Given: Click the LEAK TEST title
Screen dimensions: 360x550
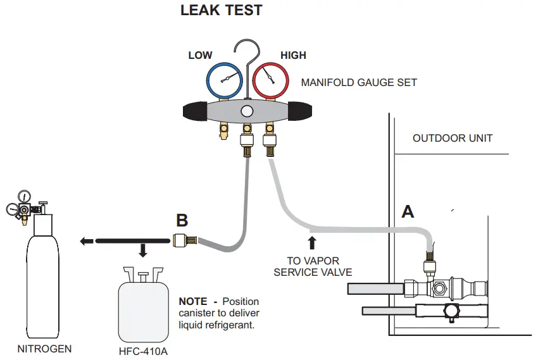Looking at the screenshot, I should (221, 11).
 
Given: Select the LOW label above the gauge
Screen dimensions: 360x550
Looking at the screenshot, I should (200, 56).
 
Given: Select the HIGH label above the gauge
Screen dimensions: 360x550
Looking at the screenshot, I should (293, 56).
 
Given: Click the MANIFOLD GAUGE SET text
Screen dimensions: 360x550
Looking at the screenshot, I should (359, 82).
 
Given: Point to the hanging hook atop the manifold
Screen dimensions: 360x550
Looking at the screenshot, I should (246, 54).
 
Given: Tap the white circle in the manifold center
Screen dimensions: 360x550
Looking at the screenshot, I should (247, 111).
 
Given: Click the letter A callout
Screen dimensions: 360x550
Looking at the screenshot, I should (408, 211).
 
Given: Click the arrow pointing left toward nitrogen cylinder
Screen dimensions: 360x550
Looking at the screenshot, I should (87, 240).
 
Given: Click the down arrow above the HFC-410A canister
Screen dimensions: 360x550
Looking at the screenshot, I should (143, 251).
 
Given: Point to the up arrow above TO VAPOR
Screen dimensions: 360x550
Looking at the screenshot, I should (311, 243).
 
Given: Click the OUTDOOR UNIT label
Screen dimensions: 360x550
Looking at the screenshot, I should (452, 138).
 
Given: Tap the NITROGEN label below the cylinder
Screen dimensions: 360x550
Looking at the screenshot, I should (44, 349).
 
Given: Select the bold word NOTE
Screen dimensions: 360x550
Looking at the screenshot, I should (193, 302).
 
